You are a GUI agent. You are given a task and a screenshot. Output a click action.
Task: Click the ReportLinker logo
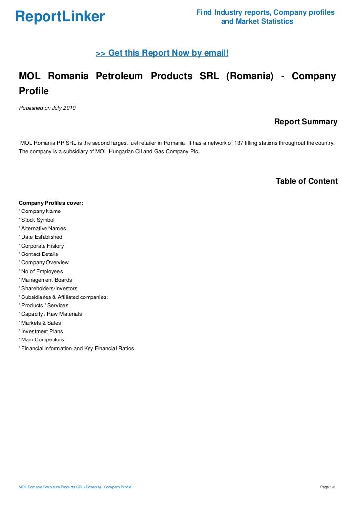coord(60,17)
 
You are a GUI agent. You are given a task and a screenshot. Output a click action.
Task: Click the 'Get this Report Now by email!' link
coord(162,53)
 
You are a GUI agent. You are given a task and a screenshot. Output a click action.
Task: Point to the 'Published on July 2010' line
coord(47,108)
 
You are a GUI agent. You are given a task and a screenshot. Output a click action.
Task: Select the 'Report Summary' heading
coord(306,122)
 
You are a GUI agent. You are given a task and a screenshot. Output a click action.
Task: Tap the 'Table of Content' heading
coord(307,181)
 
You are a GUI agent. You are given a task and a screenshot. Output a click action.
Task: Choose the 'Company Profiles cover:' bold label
coord(51,203)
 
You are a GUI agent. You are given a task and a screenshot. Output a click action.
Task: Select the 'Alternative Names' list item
coord(43,228)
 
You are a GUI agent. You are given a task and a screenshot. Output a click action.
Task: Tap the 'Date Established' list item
coord(42,237)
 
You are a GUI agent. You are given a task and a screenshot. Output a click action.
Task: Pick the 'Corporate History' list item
coord(42,246)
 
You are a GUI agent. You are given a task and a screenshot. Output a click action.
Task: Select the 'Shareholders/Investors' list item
coord(49,288)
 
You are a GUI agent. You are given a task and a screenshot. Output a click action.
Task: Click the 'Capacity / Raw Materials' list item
coord(51,314)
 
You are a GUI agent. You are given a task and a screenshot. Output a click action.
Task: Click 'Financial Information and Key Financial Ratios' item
coord(77,348)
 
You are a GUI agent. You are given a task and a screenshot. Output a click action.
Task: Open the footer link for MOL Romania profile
coord(75,487)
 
